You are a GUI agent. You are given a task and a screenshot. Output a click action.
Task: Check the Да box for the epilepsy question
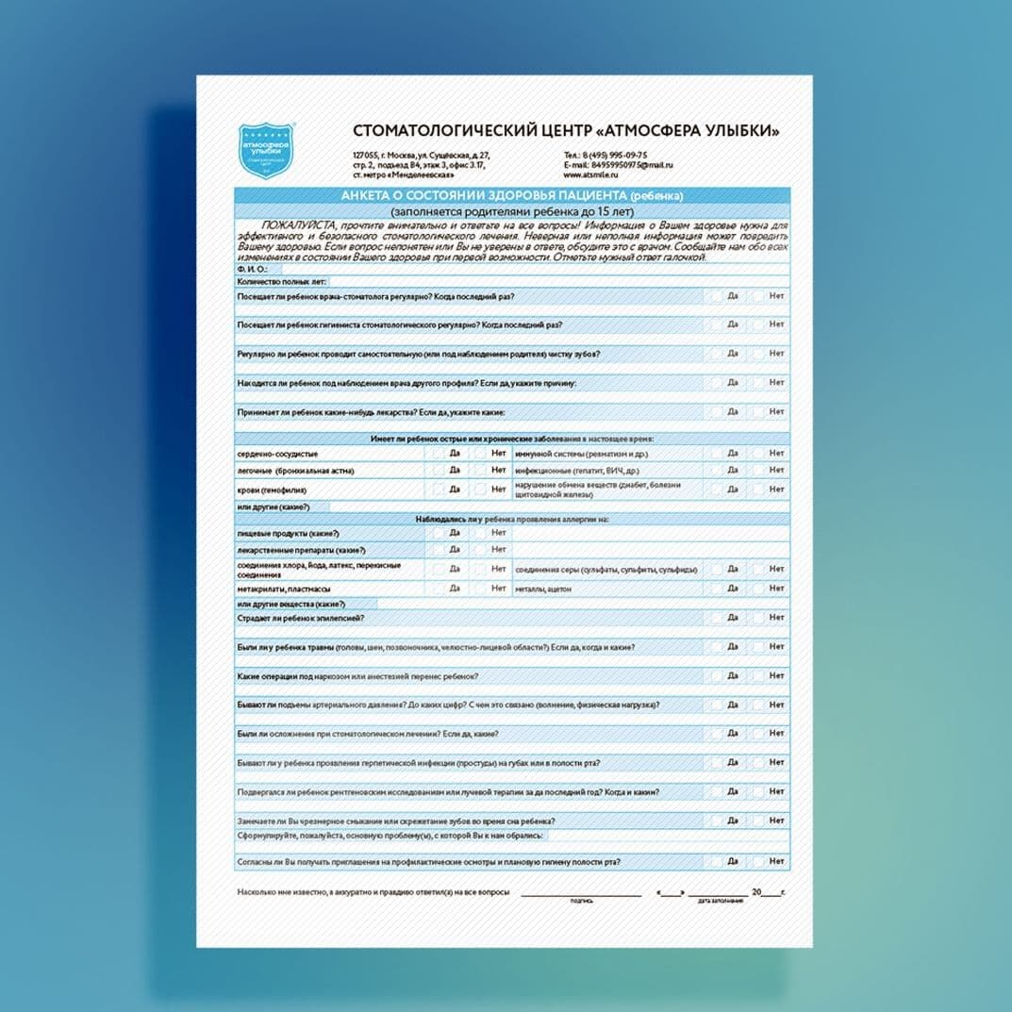tap(718, 618)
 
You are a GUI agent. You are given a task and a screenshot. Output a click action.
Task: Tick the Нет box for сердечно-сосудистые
tap(481, 454)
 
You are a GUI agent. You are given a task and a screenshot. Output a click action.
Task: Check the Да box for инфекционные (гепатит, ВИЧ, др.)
tap(718, 470)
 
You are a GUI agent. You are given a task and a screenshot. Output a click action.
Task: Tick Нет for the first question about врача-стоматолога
tap(759, 296)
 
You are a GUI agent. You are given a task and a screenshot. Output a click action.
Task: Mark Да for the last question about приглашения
tap(718, 861)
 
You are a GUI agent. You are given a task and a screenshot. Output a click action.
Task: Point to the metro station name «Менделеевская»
tap(423, 175)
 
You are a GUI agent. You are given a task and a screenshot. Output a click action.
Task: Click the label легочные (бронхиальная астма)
tap(295, 470)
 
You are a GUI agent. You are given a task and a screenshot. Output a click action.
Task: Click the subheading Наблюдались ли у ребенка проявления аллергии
tap(511, 519)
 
